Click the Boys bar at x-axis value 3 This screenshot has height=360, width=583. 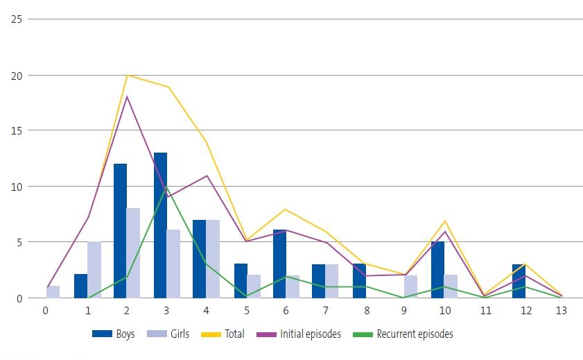click(x=160, y=225)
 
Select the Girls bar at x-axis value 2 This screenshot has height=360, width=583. click(x=133, y=253)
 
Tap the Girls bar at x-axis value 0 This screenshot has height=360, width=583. click(x=53, y=292)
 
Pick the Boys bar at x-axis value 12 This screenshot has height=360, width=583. click(x=519, y=281)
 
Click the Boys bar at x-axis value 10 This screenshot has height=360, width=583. click(x=437, y=270)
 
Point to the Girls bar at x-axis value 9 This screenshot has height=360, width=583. click(x=410, y=286)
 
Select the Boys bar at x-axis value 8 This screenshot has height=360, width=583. click(x=358, y=281)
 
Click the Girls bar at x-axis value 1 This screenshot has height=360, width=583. click(x=94, y=270)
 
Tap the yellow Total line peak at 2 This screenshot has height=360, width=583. click(x=127, y=75)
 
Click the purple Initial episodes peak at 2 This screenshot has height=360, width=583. click(x=127, y=96)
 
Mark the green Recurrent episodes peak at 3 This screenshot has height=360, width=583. click(x=167, y=187)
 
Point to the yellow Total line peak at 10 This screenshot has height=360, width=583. click(x=444, y=221)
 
